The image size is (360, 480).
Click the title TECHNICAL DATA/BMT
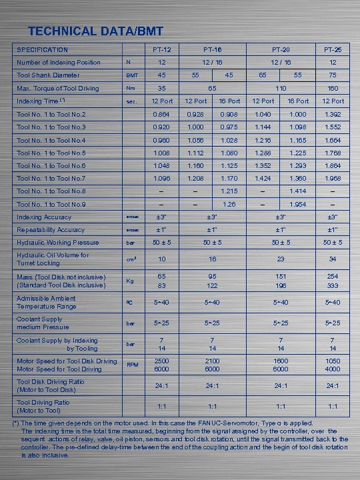point(95,31)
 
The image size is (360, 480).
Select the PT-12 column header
point(161,50)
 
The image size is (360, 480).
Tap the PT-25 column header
point(333,50)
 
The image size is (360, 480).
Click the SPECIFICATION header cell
point(42,50)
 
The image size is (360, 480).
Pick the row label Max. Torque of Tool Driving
point(57,88)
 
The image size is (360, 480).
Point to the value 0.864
point(161,115)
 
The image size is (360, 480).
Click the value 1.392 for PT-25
point(333,115)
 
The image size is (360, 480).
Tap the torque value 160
point(333,88)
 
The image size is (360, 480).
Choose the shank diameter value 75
point(333,75)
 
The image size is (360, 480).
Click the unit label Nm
point(131,88)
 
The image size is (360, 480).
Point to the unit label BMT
point(132,76)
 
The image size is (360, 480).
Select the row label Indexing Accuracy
point(44,217)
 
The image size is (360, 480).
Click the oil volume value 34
point(333,259)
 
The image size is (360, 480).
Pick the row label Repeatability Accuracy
point(51,230)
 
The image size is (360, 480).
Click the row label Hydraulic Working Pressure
point(57,243)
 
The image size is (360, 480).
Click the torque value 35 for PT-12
point(161,88)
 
